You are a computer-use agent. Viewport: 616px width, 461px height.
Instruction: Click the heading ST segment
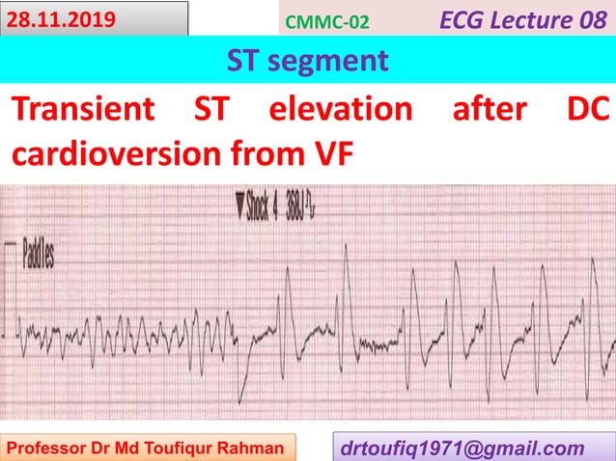307,61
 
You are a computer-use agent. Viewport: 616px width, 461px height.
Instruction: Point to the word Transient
82,110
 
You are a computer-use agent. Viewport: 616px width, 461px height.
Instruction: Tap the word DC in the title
586,110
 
